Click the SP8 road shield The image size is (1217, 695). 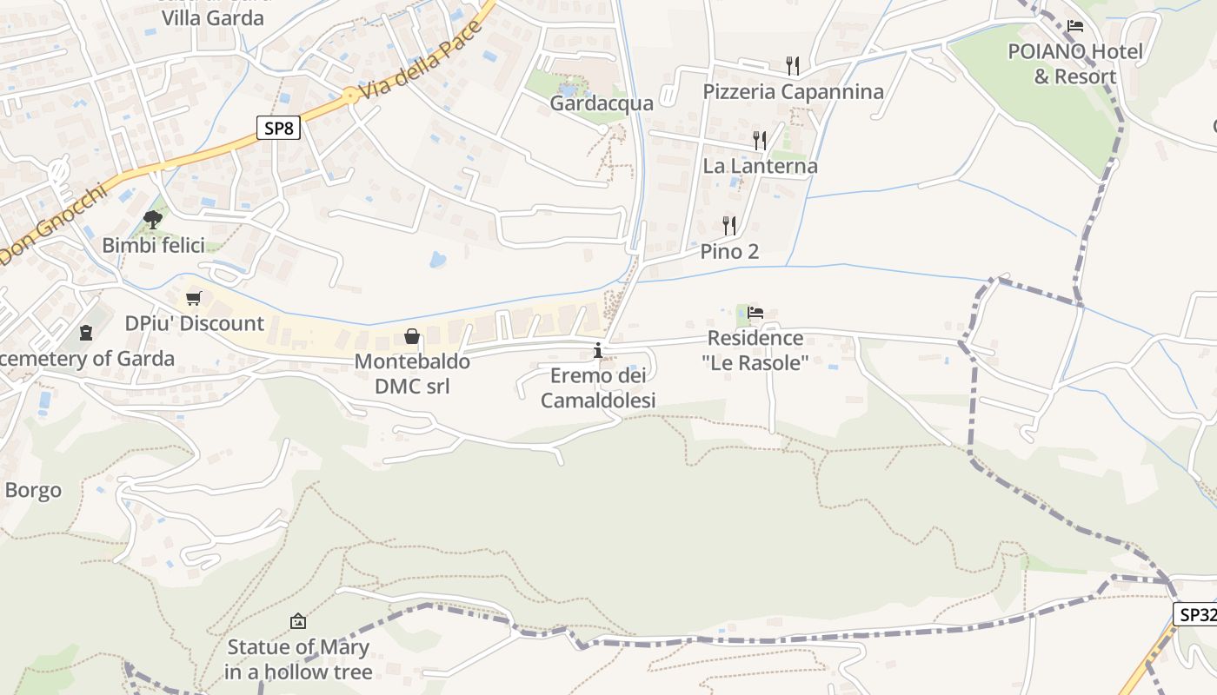point(279,129)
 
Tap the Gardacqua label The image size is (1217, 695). point(602,103)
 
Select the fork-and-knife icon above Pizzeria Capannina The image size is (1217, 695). point(792,66)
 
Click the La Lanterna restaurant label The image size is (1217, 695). point(760,166)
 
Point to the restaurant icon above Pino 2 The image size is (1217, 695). point(729,226)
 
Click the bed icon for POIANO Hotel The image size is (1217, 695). point(1075,27)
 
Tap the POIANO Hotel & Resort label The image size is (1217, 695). point(1075,64)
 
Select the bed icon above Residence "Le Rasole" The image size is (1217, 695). point(755,313)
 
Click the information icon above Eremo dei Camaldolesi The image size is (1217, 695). point(598,351)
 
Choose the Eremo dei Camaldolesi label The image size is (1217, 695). point(598,388)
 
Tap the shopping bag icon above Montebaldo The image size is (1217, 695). point(412,336)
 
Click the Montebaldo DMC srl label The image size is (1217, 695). point(412,374)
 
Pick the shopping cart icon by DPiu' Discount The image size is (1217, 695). point(194,299)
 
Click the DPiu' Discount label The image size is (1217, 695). point(195,323)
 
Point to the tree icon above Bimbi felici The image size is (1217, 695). point(153,219)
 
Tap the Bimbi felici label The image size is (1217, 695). point(154,246)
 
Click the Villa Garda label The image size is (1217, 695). point(213,17)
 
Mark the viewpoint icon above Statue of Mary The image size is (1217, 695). point(298,621)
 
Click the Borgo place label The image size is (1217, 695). point(33,490)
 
